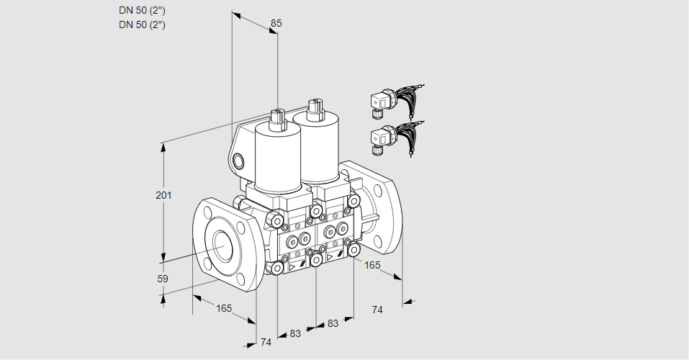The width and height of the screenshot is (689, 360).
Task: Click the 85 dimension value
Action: pos(276,23)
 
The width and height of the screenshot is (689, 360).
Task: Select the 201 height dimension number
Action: pos(163,195)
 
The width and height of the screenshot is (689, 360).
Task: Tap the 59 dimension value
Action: pos(163,279)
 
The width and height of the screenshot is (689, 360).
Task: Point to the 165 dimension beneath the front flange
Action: pos(224,308)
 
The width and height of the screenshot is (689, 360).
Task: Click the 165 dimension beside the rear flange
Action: pos(372,265)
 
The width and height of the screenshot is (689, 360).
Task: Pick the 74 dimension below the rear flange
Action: pos(377,310)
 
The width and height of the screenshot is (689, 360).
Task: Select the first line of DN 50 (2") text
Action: pos(142,11)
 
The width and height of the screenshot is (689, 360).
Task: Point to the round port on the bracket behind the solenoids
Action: pos(238,161)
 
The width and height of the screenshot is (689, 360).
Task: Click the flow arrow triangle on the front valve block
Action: pos(292,266)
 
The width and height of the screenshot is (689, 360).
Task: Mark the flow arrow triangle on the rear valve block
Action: pos(330,257)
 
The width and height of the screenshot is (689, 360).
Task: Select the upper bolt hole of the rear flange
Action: pos(377,190)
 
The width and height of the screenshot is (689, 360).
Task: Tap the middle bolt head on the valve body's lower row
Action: pos(316,260)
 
